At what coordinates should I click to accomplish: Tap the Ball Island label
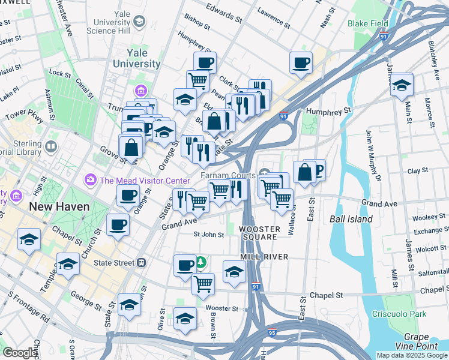click(351, 219)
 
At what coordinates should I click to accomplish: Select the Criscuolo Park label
click(410, 314)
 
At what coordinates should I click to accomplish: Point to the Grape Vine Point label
click(420, 342)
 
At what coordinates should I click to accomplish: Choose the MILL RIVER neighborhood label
click(265, 257)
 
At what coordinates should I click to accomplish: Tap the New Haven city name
click(59, 206)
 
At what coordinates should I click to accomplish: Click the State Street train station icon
click(142, 262)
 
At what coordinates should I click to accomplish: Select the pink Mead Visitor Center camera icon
click(91, 179)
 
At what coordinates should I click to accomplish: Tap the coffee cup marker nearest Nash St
click(301, 62)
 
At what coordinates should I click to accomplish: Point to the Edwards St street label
click(223, 14)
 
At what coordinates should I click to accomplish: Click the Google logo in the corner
click(20, 353)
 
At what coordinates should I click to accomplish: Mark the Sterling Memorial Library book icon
click(51, 146)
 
